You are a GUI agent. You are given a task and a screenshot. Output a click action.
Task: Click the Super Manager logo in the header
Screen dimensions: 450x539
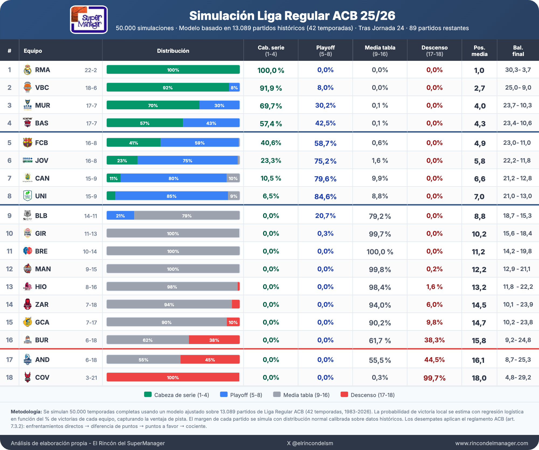89,20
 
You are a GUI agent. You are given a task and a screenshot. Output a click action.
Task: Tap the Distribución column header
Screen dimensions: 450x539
173,51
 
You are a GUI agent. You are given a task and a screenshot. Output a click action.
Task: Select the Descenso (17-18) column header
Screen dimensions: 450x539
434,51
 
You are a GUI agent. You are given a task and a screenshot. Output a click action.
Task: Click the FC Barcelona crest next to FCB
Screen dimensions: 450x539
27,143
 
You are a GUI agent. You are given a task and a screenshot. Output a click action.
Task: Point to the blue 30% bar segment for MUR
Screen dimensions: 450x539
219,105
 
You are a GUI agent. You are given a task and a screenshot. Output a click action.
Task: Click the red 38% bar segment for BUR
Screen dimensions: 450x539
214,340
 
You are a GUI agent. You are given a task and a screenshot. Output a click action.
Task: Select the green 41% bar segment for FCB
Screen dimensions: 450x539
133,143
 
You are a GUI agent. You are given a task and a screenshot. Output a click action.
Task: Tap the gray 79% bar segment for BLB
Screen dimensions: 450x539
187,216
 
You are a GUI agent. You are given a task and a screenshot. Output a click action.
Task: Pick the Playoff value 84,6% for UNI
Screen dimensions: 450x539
325,196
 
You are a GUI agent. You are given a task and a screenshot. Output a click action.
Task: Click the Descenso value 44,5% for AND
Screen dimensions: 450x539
434,360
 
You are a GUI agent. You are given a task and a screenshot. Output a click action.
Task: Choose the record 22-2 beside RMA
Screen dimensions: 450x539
91,70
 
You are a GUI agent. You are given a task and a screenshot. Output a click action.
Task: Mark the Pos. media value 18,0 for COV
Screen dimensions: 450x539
479,378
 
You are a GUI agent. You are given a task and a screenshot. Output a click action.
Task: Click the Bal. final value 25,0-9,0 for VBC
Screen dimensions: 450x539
518,87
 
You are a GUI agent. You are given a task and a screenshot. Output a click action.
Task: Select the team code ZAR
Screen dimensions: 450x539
42,304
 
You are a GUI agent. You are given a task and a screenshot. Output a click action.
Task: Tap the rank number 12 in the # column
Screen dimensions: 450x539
9,269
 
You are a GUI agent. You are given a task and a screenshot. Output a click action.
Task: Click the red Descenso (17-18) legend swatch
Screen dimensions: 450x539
344,395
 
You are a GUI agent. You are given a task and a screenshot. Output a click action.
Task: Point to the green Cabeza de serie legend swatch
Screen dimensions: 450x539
148,395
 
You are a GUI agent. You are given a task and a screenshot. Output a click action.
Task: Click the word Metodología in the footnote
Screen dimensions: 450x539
26,412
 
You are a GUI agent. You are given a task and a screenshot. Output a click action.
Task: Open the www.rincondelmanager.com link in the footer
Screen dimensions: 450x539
492,443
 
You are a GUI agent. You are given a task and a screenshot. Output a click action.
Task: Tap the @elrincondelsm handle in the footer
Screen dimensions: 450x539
313,443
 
